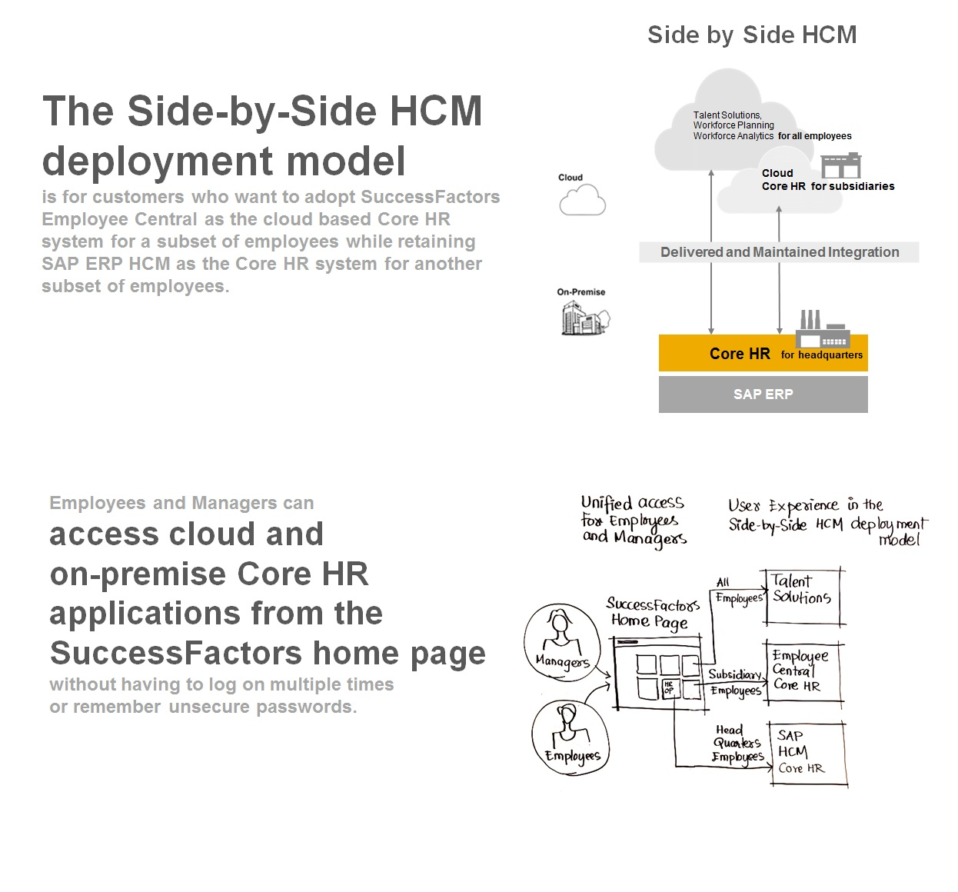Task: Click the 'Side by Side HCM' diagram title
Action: [751, 35]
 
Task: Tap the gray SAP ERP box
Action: [763, 394]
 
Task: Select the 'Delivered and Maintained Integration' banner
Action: [779, 252]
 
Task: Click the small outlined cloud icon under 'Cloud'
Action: [582, 200]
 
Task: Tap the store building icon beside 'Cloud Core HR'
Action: [841, 165]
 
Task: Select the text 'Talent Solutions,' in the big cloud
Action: [727, 115]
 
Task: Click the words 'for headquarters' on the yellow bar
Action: [822, 354]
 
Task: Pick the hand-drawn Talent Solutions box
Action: [803, 597]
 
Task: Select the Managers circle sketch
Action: [563, 642]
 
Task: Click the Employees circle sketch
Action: [570, 737]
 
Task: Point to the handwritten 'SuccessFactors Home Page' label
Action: [653, 614]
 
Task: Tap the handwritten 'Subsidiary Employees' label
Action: [736, 682]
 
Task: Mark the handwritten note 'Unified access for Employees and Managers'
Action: [634, 521]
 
